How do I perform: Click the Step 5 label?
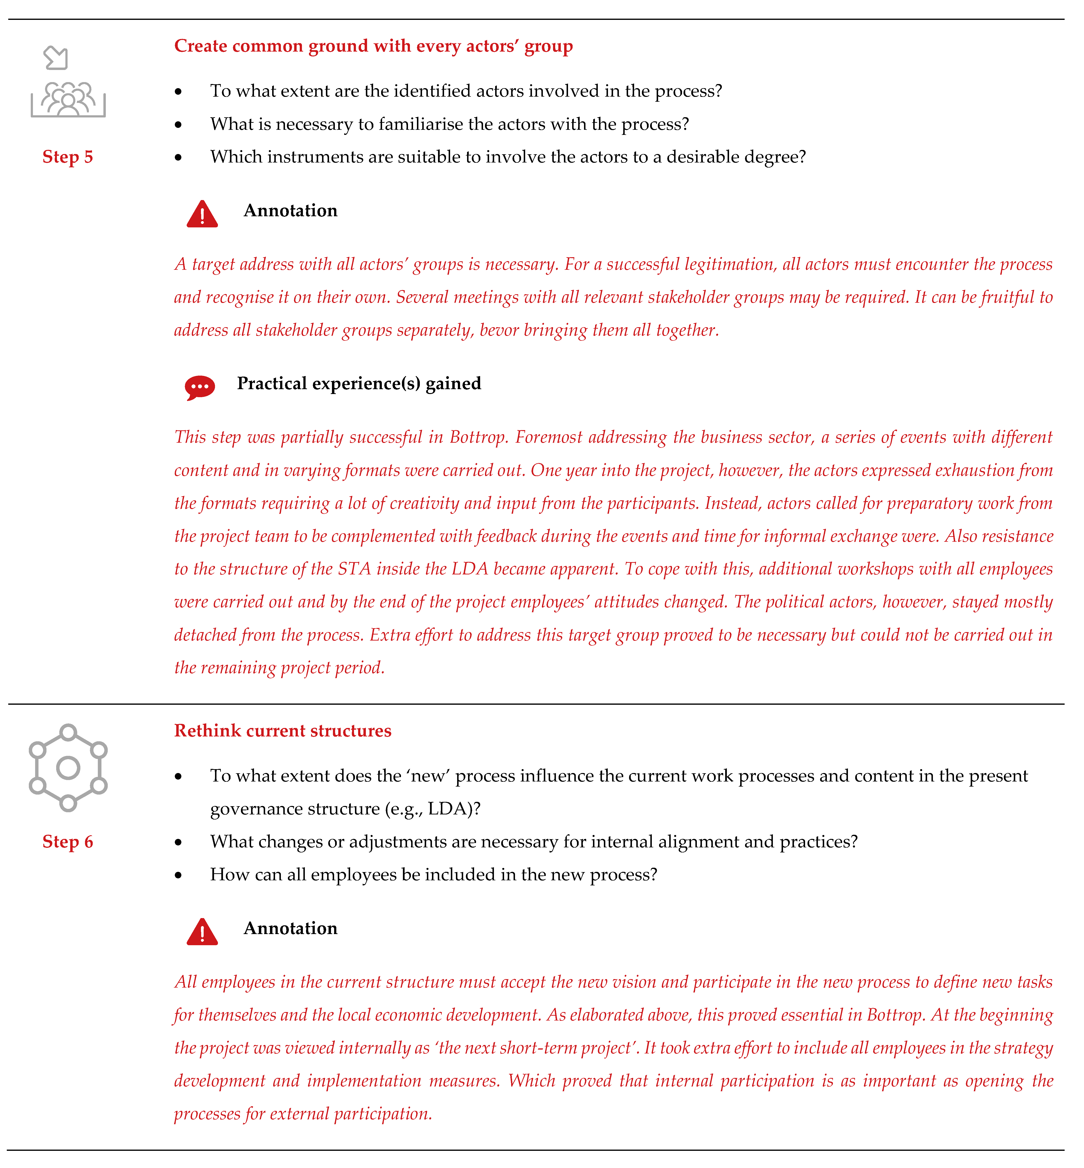pyautogui.click(x=68, y=157)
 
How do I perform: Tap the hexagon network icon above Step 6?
pyautogui.click(x=68, y=767)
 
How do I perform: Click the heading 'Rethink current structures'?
pyautogui.click(x=283, y=731)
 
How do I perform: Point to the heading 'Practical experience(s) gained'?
pyautogui.click(x=359, y=384)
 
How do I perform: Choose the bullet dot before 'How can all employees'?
pyautogui.click(x=178, y=875)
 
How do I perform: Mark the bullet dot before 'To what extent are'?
pyautogui.click(x=178, y=92)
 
